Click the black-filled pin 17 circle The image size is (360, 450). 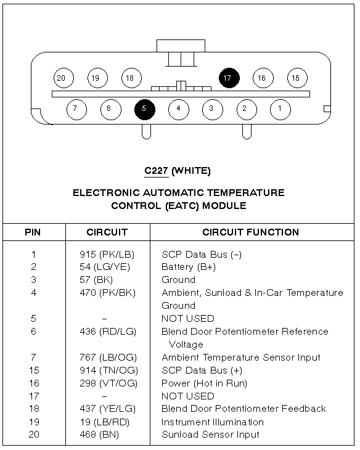pyautogui.click(x=229, y=78)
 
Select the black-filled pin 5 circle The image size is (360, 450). pyautogui.click(x=145, y=109)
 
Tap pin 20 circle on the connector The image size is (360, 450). pyautogui.click(x=63, y=78)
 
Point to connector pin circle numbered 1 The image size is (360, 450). pyautogui.click(x=280, y=109)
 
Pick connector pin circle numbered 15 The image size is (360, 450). pyautogui.click(x=297, y=78)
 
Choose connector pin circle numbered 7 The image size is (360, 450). pyautogui.click(x=76, y=109)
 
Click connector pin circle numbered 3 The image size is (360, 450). pyautogui.click(x=213, y=109)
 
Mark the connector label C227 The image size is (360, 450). pyautogui.click(x=156, y=171)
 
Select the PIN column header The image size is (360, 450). pyautogui.click(x=33, y=232)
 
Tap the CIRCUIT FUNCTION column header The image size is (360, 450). pyautogui.click(x=251, y=232)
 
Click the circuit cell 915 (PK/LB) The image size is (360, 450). pyautogui.click(x=107, y=255)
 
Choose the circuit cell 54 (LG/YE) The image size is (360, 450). pyautogui.click(x=105, y=267)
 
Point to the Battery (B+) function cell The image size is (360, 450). pyautogui.click(x=189, y=267)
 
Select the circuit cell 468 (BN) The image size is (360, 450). pyautogui.click(x=99, y=435)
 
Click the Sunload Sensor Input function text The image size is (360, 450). pyautogui.click(x=210, y=435)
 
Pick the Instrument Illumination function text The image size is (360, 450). pyautogui.click(x=213, y=422)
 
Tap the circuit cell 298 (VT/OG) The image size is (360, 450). pyautogui.click(x=108, y=383)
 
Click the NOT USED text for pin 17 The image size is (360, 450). pyautogui.click(x=188, y=396)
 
